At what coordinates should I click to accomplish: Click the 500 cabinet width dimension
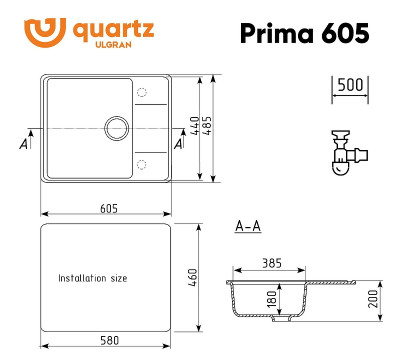click(x=348, y=84)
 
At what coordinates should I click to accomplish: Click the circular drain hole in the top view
click(x=117, y=128)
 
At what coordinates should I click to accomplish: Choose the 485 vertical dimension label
click(x=208, y=128)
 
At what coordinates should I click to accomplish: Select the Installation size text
click(x=92, y=277)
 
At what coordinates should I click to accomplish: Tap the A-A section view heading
click(x=247, y=227)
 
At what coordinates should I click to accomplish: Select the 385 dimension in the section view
click(x=270, y=264)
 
